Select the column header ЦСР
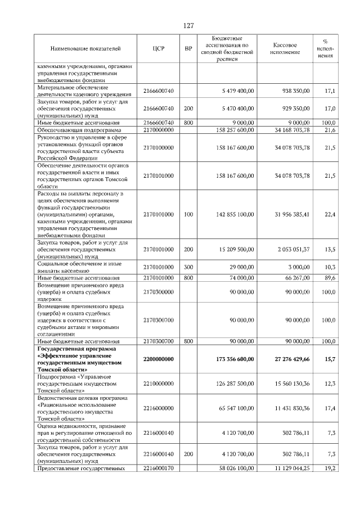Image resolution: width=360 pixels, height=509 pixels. pyautogui.click(x=158, y=49)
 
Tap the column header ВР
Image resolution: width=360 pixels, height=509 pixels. pyautogui.click(x=188, y=49)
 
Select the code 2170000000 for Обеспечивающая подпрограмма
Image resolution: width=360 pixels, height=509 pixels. pyautogui.click(x=158, y=130)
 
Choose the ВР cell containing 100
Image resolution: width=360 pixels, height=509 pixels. pyautogui.click(x=188, y=215)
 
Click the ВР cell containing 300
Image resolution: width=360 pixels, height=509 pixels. pyautogui.click(x=188, y=267)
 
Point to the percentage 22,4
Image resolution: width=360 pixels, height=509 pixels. pyautogui.click(x=330, y=215)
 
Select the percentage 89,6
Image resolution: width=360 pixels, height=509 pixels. pyautogui.click(x=330, y=278)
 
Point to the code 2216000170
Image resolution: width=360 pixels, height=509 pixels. pyautogui.click(x=158, y=468)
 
